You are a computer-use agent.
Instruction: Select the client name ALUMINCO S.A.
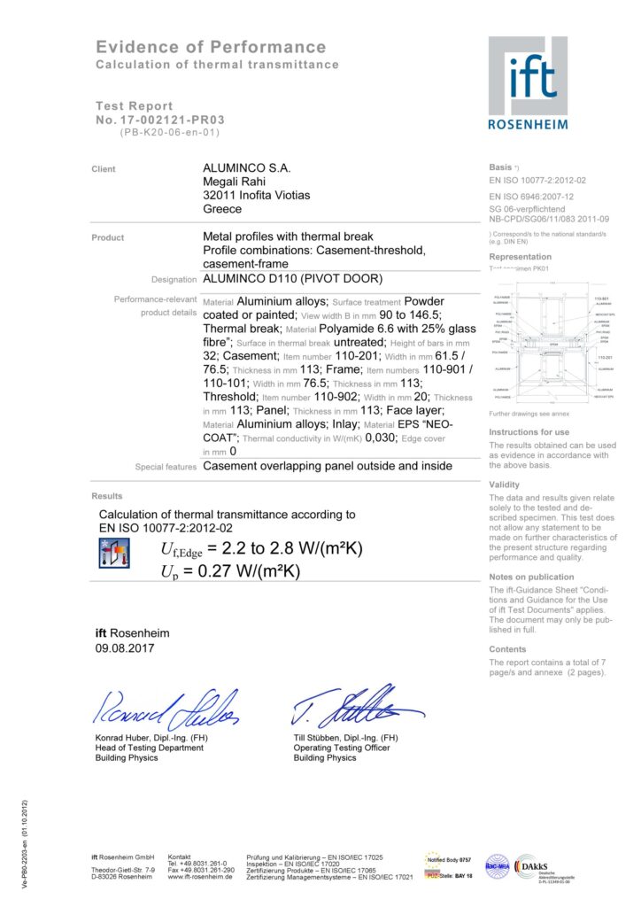coord(247,167)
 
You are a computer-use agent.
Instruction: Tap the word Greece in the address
coord(222,210)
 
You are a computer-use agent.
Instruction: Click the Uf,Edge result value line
coord(261,551)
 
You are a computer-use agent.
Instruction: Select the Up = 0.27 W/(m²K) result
coord(230,571)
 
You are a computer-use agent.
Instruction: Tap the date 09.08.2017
coord(125,649)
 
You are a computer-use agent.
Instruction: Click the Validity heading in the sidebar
coord(505,485)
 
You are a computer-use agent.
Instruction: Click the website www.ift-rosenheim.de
coord(201,877)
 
